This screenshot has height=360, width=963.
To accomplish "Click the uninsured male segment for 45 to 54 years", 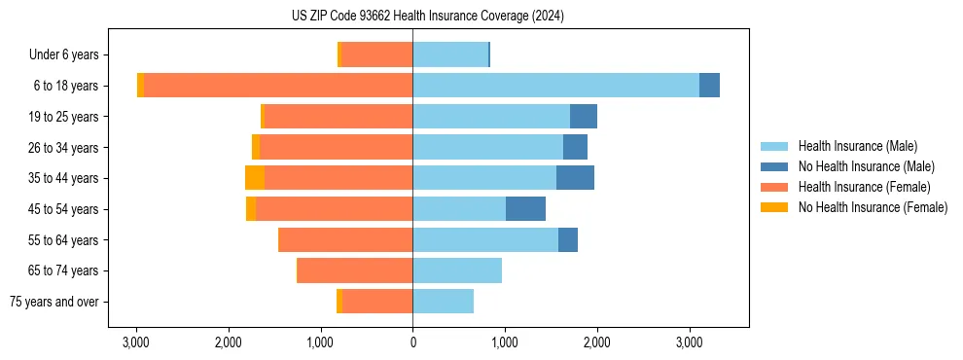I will (x=525, y=209).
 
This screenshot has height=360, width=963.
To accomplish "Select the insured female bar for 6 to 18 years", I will (x=278, y=86).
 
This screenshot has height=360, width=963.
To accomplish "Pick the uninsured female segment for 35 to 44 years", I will (x=255, y=178).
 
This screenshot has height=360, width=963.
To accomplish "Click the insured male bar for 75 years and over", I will (x=443, y=302).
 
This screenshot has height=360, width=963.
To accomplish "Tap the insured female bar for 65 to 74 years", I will (x=355, y=270).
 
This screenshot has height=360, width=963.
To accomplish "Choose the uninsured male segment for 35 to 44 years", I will (x=575, y=178).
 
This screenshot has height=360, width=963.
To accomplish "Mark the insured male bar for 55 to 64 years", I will (x=485, y=240).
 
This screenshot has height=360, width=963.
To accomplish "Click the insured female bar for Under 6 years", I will (x=377, y=54).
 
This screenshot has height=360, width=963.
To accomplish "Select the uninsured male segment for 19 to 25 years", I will (x=584, y=117).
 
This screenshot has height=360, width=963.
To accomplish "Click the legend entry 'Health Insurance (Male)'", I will (x=857, y=146).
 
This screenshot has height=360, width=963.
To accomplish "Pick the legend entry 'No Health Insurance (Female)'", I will (x=872, y=207).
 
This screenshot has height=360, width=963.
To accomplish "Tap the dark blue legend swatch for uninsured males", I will (x=774, y=166).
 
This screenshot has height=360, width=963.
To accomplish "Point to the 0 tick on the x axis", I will (x=412, y=342).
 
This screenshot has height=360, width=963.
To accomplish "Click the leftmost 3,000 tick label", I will (x=136, y=342).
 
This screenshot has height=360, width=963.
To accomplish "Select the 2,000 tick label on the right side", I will (x=596, y=342).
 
